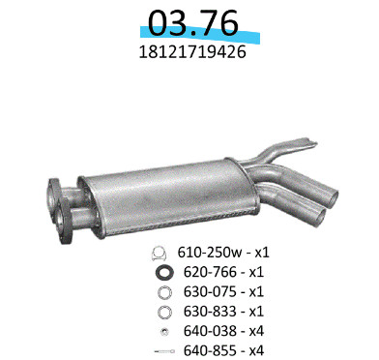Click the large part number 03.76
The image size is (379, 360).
coord(192,22)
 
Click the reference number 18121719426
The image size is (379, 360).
coord(192,51)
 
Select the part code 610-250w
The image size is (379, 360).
coord(210,253)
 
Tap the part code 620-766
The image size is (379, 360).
coord(210,272)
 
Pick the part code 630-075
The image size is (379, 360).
coord(210,291)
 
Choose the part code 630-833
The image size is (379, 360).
coord(210,312)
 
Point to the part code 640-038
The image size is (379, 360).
coord(210,331)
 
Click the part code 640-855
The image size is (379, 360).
coord(210,350)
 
